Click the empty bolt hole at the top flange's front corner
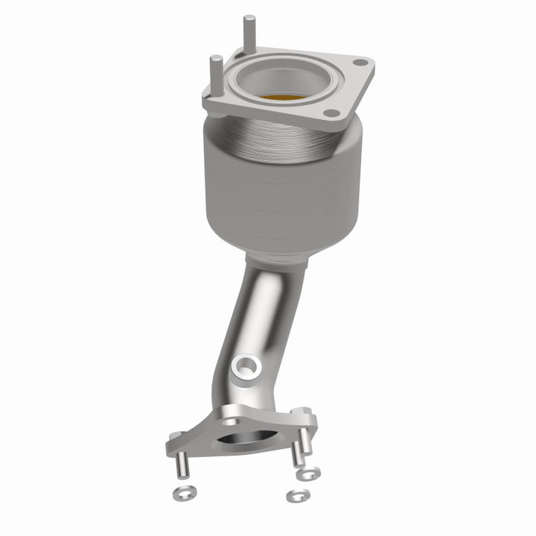(x=334, y=114)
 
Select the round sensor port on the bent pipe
(x=246, y=366)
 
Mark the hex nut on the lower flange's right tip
(x=303, y=412)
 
